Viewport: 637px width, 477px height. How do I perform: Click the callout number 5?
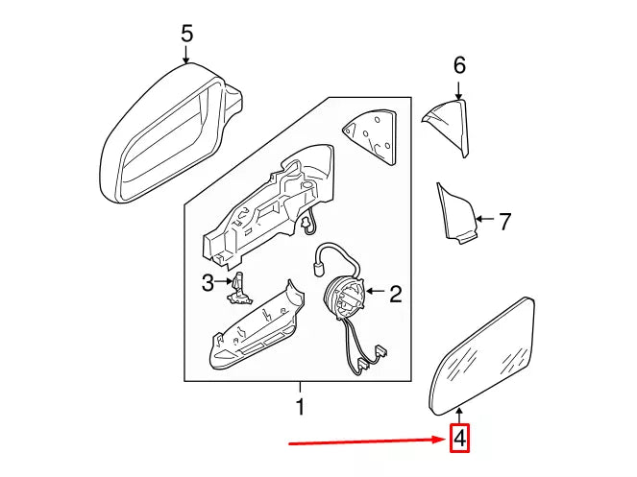[x=187, y=35]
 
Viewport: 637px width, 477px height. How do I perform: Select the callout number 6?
[x=459, y=65]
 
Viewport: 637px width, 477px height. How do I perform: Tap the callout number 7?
[x=504, y=222]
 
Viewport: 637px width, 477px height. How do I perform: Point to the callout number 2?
[x=395, y=294]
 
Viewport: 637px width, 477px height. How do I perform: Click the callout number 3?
[x=207, y=282]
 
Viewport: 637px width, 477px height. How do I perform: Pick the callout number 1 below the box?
[x=299, y=407]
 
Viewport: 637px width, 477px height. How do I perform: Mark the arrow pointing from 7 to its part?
[x=483, y=222]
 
